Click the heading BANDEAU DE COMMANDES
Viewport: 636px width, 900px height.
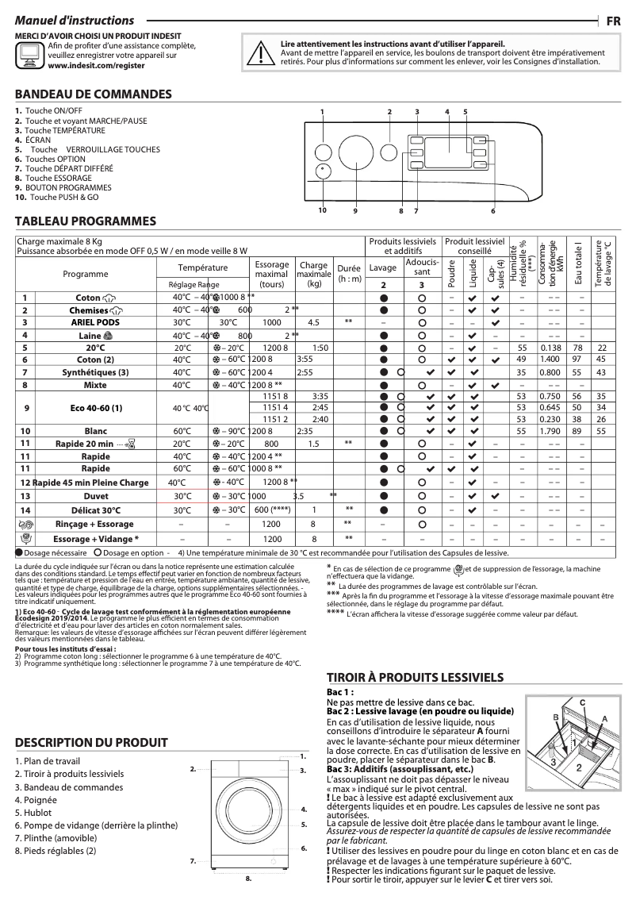click(x=94, y=94)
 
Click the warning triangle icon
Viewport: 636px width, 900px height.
click(x=257, y=52)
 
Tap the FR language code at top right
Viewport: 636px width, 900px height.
click(x=613, y=21)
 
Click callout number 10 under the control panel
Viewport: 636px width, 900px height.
click(x=323, y=210)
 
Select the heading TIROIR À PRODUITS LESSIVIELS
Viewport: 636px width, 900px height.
click(x=416, y=677)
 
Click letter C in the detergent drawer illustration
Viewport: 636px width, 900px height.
click(x=581, y=703)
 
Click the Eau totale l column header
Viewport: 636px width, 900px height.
click(x=579, y=261)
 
